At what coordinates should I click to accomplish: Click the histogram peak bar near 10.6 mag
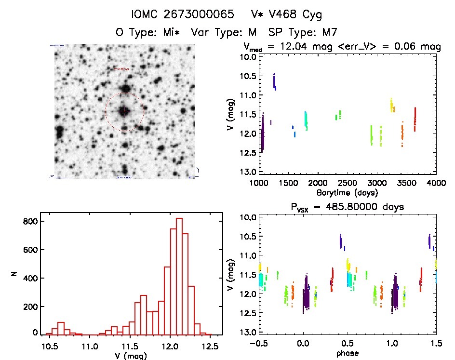click(x=61, y=328)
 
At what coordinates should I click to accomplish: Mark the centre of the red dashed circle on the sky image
click(x=124, y=112)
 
